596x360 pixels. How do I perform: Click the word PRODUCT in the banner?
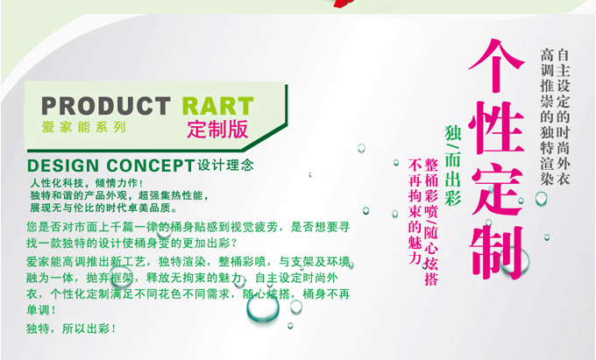(x=106, y=106)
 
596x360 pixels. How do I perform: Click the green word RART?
(x=217, y=106)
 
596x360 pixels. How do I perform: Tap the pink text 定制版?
(x=217, y=129)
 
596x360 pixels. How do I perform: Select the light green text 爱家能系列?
(x=83, y=127)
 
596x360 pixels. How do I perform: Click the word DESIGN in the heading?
(x=63, y=166)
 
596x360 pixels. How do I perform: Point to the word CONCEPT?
(x=151, y=166)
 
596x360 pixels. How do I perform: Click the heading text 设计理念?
(x=225, y=166)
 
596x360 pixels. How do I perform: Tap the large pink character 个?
(x=496, y=66)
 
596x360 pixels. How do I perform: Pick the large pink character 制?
(x=496, y=252)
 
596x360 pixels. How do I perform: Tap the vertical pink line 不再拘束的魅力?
(x=415, y=211)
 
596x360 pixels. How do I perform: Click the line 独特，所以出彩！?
(x=71, y=328)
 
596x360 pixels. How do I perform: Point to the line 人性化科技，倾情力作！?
(x=87, y=183)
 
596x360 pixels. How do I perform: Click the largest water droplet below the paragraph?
(x=263, y=308)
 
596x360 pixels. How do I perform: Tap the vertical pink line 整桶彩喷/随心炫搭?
(x=431, y=222)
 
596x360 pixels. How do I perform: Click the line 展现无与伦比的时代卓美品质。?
(x=104, y=208)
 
